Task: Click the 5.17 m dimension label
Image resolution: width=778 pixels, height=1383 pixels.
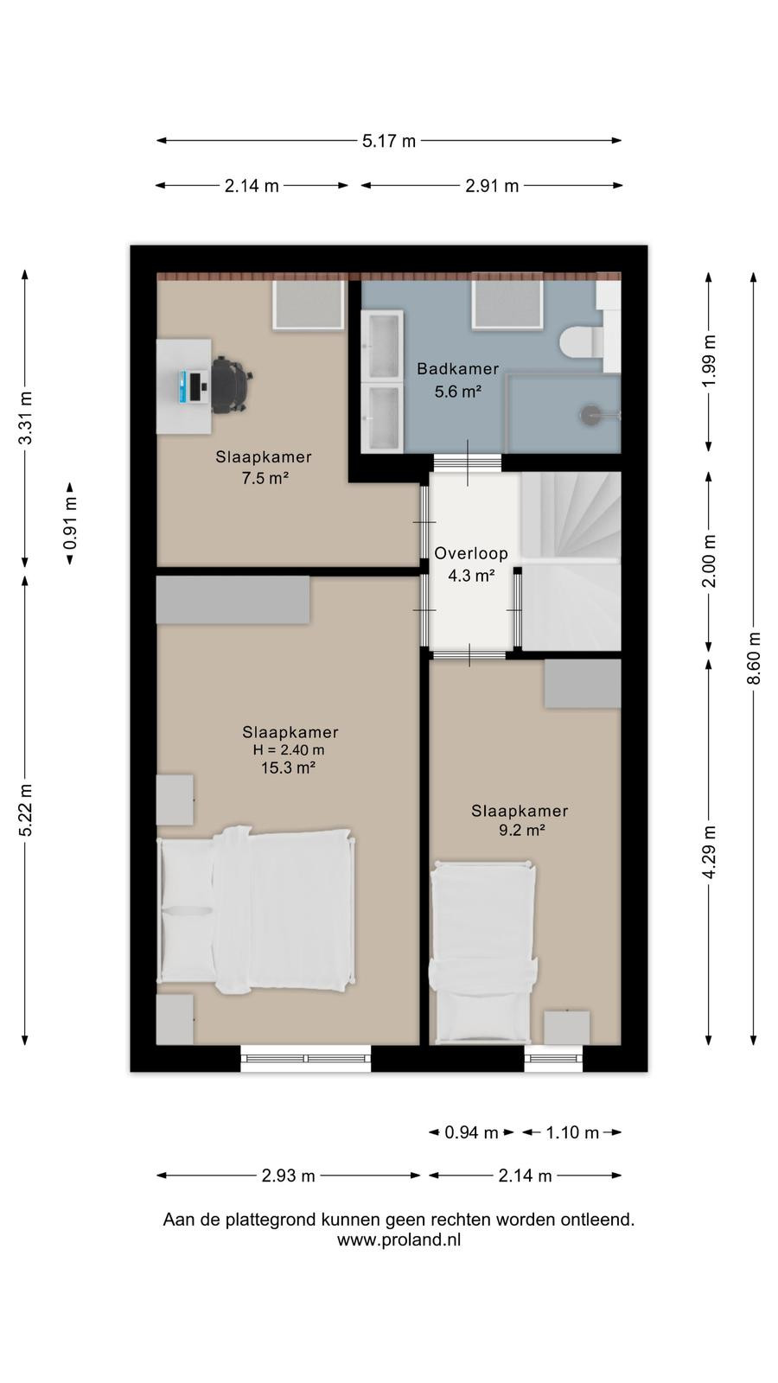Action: click(x=388, y=141)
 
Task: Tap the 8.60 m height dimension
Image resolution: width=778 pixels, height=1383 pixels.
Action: click(x=753, y=658)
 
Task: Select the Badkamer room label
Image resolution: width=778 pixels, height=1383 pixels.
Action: click(x=457, y=368)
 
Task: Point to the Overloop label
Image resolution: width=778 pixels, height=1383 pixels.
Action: click(x=471, y=553)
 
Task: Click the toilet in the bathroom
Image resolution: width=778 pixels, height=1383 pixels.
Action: click(x=581, y=341)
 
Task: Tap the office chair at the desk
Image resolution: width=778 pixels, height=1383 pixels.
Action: click(x=231, y=385)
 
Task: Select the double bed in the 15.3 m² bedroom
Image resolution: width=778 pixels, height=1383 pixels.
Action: click(x=256, y=908)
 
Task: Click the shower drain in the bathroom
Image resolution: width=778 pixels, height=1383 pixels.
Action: click(x=590, y=415)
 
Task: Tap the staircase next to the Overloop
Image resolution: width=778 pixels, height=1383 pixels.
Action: click(x=571, y=561)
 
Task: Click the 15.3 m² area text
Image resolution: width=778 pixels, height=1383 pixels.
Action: click(x=289, y=768)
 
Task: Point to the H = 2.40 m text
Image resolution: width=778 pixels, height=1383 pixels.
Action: click(x=289, y=750)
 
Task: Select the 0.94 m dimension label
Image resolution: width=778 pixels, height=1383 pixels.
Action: click(x=471, y=1132)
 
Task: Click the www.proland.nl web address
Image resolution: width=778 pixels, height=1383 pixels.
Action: click(x=399, y=1240)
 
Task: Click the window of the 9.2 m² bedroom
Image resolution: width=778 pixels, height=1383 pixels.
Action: click(x=553, y=1058)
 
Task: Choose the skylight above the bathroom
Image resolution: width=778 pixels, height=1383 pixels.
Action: click(x=507, y=304)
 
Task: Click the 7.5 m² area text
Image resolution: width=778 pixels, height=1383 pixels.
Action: click(x=265, y=478)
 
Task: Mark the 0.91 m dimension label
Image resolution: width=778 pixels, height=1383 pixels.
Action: click(x=70, y=524)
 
